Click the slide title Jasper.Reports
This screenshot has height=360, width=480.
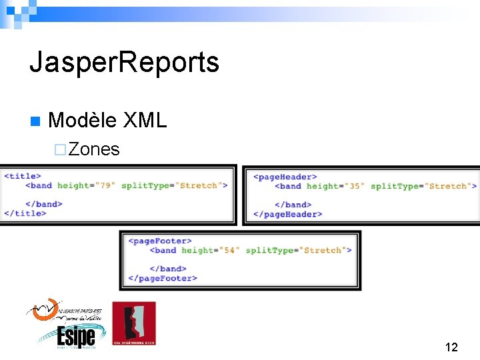pos(124,63)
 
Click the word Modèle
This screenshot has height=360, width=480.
pos(80,121)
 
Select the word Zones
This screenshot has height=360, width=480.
pos(94,149)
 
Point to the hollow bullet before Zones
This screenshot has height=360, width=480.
pos(60,150)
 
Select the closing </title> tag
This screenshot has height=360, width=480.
pos(25,213)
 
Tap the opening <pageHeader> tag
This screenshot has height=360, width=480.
pos(285,177)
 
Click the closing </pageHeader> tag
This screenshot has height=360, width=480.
pos(288,214)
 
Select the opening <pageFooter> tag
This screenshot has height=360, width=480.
pos(160,241)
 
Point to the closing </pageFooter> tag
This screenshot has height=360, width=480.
pos(163,278)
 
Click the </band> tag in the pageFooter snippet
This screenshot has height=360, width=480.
pos(172,269)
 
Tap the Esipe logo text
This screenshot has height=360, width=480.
pos(75,335)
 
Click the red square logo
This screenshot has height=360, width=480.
pos(133,323)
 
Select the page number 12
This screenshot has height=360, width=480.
pos(451,347)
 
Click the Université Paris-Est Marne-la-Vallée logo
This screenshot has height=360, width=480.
pos(63,311)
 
